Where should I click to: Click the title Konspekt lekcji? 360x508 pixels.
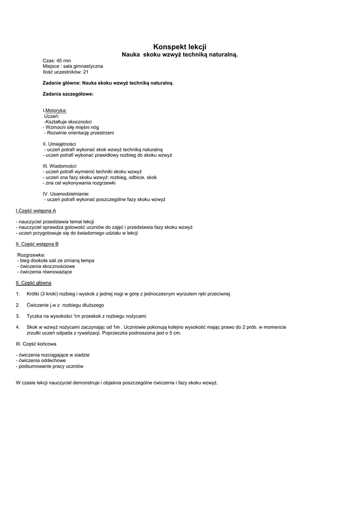click(180, 46)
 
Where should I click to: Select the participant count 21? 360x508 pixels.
click(85, 71)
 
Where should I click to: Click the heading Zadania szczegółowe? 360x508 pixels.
click(68, 94)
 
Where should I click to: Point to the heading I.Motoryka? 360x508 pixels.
click(55, 110)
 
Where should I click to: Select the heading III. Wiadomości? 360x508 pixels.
click(60, 166)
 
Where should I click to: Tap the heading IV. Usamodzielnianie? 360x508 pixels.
click(66, 193)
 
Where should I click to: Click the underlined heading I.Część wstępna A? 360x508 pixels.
click(36, 210)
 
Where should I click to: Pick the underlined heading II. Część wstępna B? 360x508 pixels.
click(37, 244)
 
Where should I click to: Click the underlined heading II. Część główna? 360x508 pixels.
click(33, 283)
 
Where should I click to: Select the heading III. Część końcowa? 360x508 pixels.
click(36, 344)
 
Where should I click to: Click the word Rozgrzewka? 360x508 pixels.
click(31, 255)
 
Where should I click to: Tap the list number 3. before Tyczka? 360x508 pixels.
click(17, 316)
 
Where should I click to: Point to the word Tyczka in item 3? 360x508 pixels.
click(34, 316)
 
